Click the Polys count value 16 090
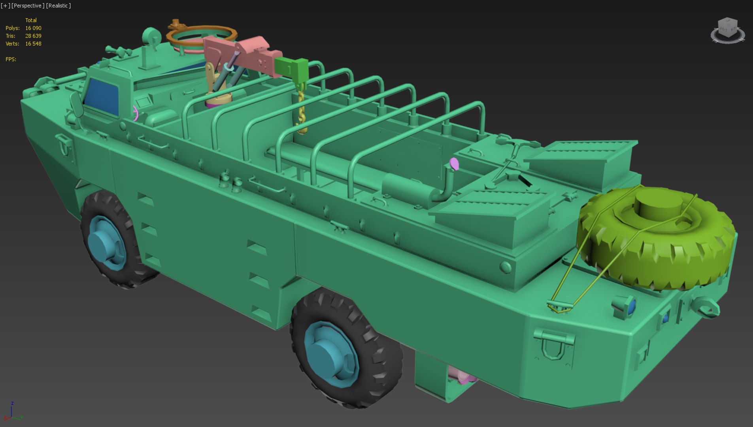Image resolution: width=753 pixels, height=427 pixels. (x=33, y=28)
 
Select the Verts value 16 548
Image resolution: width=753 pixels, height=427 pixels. (x=33, y=44)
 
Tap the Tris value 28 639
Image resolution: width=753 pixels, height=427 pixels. (x=33, y=36)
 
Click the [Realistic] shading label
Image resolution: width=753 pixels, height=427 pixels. (x=59, y=6)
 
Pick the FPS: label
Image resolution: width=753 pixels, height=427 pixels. (x=11, y=59)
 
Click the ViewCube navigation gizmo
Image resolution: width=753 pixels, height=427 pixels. (x=727, y=30)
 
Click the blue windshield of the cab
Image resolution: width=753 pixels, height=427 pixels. (x=102, y=96)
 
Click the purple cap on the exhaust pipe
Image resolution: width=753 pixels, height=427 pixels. (x=454, y=163)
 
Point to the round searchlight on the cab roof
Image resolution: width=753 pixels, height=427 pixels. (x=151, y=36)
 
